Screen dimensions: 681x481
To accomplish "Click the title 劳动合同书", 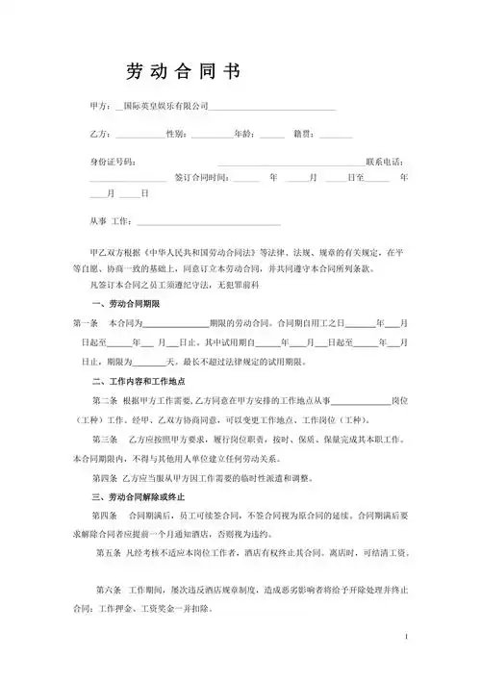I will coord(183,72).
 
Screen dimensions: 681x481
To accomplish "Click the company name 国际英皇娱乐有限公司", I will coord(167,104).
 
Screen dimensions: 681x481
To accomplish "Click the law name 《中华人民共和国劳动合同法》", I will coord(196,258).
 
